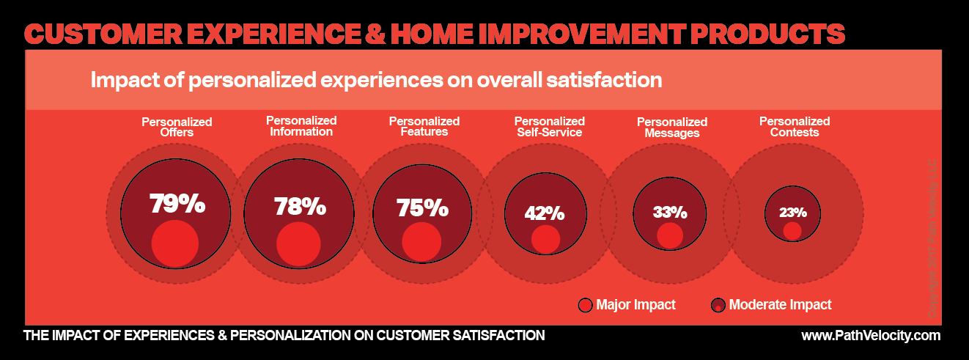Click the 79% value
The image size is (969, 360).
(177, 204)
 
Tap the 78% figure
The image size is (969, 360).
(300, 207)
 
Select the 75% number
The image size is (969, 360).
(422, 208)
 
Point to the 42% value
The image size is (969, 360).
(545, 213)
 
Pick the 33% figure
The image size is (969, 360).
(670, 213)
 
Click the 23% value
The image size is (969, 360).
(792, 213)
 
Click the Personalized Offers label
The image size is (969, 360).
(177, 128)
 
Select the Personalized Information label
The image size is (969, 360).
(301, 126)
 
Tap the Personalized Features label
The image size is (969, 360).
(424, 127)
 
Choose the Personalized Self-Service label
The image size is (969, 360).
(549, 127)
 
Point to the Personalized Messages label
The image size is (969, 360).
(671, 128)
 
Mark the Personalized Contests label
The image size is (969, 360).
(795, 127)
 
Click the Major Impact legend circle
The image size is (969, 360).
(585, 305)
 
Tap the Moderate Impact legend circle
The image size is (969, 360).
(718, 305)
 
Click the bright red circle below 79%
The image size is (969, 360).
(175, 243)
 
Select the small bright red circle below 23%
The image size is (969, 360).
(792, 231)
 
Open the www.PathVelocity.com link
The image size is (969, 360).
(871, 336)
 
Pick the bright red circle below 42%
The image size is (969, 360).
(546, 239)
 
